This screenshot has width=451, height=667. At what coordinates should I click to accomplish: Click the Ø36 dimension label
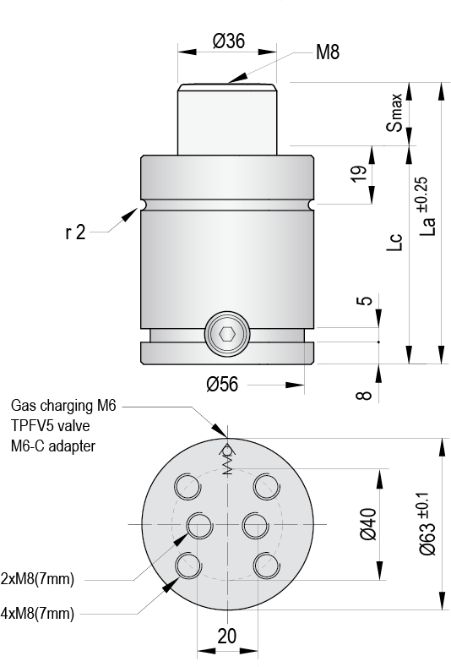(x=229, y=41)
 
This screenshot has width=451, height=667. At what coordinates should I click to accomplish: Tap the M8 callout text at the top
(x=328, y=52)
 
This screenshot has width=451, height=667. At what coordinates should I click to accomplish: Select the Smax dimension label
(x=394, y=112)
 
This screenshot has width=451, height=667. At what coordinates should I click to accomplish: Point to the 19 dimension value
(x=359, y=173)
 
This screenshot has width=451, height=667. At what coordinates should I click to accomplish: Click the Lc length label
(x=394, y=242)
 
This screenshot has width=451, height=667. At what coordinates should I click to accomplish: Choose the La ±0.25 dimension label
(x=427, y=206)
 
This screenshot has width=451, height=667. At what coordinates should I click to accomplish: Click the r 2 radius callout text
(x=76, y=232)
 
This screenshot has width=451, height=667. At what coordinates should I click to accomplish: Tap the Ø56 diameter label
(x=222, y=384)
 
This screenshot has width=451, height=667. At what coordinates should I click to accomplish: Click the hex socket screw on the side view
(x=227, y=335)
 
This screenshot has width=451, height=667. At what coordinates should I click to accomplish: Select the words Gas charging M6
(x=63, y=406)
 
